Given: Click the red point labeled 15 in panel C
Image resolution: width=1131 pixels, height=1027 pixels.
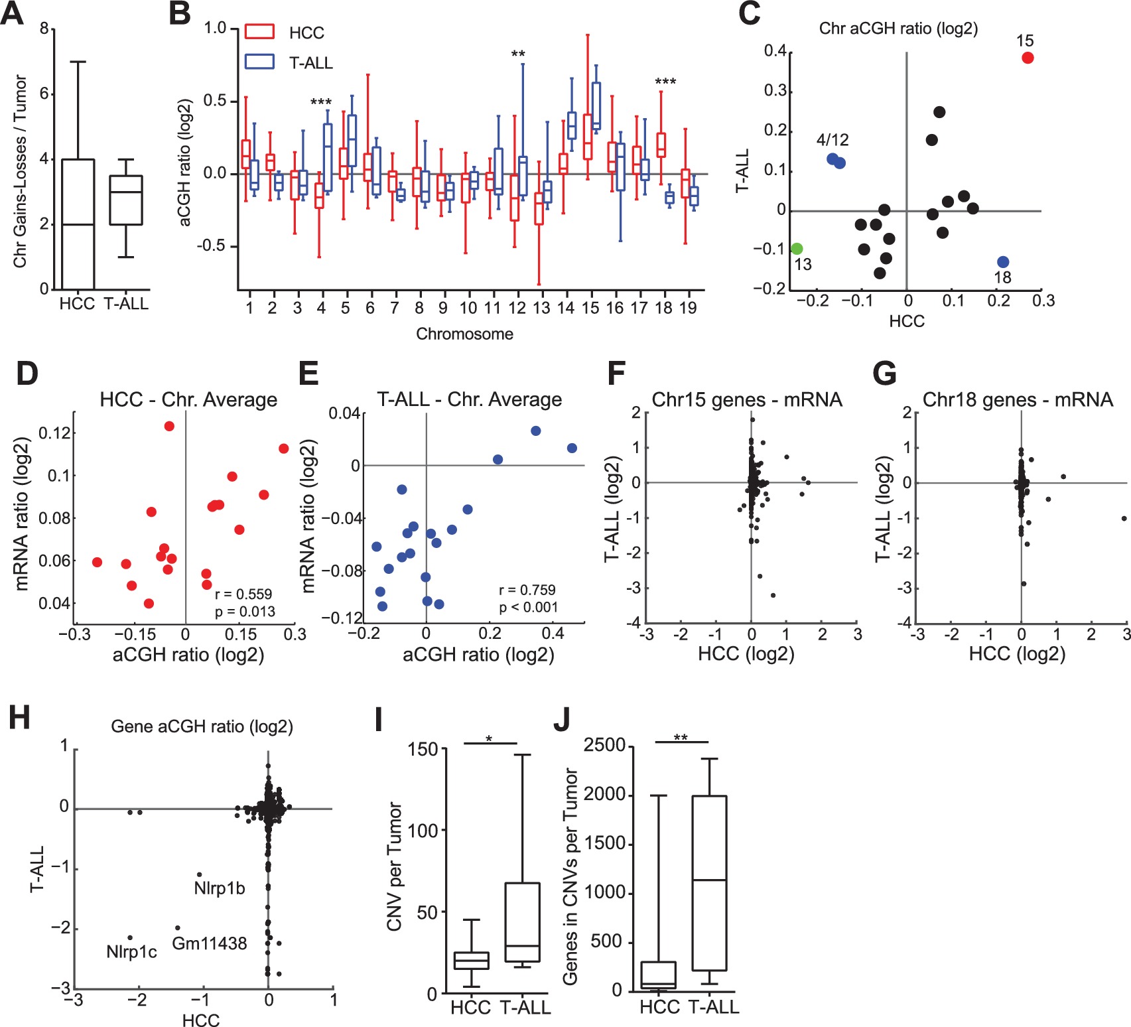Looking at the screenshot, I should pyautogui.click(x=1027, y=58).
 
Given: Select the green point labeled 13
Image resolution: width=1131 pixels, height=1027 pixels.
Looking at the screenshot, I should pyautogui.click(x=797, y=249).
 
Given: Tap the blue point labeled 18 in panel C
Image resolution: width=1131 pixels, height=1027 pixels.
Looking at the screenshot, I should pyautogui.click(x=1002, y=262).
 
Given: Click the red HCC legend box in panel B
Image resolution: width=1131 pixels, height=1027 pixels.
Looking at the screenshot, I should pyautogui.click(x=259, y=32).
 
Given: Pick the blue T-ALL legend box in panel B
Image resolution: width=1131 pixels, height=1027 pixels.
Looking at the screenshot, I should pyautogui.click(x=259, y=62).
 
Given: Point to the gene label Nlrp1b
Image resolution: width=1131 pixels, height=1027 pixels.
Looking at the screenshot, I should pyautogui.click(x=219, y=888).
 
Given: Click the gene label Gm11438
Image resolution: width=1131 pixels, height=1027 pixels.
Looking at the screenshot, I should pyautogui.click(x=209, y=943).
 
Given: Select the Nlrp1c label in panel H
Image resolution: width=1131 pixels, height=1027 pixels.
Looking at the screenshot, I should pyautogui.click(x=131, y=953).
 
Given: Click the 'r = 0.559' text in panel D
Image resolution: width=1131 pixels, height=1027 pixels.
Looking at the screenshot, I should pyautogui.click(x=243, y=594).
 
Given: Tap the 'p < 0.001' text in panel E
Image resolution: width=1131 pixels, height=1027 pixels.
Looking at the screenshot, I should pyautogui.click(x=528, y=607).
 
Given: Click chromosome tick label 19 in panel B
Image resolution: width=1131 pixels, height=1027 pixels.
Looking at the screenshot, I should pyautogui.click(x=688, y=308).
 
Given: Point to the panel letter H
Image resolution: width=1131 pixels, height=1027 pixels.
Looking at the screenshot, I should pyautogui.click(x=19, y=718).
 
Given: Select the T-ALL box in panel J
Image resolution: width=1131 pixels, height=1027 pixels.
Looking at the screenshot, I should pyautogui.click(x=709, y=883).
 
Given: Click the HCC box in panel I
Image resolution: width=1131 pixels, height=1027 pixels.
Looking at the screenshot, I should pyautogui.click(x=471, y=961).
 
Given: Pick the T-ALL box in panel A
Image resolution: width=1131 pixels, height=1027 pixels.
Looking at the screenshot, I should pyautogui.click(x=126, y=200).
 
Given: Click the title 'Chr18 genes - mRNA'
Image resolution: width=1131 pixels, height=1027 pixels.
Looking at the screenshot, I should pyautogui.click(x=1018, y=399).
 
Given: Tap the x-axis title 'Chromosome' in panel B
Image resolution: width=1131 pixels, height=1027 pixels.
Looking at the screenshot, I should pyautogui.click(x=464, y=334).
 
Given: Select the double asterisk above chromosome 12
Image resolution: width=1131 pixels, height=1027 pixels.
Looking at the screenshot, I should pyautogui.click(x=518, y=54).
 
